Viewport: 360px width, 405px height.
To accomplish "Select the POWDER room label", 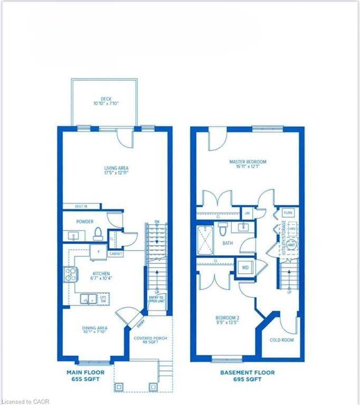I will (84, 222).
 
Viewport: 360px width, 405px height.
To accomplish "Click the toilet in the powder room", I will (97, 233).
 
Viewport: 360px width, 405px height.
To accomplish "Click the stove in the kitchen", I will (70, 273).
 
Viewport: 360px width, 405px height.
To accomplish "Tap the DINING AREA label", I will (94, 331).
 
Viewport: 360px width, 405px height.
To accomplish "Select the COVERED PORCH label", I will (150, 340).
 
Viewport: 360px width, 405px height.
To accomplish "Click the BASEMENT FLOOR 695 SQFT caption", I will (247, 375).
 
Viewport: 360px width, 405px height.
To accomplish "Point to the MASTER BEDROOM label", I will (248, 164).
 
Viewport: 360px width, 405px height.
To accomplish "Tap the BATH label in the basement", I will (228, 244).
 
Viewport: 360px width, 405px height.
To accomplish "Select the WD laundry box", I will (245, 268).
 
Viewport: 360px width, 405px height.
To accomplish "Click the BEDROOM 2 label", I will (228, 320).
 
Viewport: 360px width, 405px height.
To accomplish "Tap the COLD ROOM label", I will (281, 340).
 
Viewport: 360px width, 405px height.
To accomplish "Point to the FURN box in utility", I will (288, 213).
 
